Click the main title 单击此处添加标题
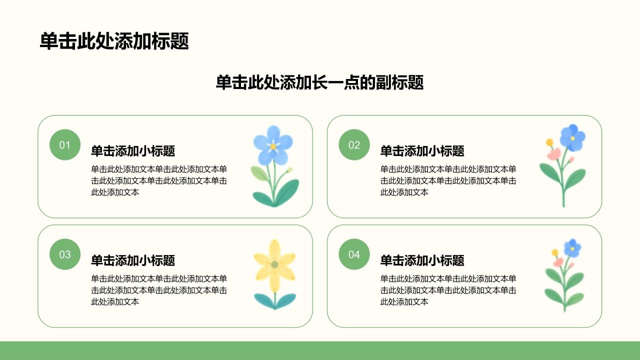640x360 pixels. coord(114,41)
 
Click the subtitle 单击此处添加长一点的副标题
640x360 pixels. coord(319,82)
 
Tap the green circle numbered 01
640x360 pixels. coord(65,145)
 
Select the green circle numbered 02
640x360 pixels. coord(354,145)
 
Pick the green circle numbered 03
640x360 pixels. coord(65,254)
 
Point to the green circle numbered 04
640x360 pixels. coord(354,254)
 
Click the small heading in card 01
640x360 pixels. coord(133,151)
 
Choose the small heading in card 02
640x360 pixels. coord(422,151)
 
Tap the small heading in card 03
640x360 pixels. coord(133,260)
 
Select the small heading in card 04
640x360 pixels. coord(422,260)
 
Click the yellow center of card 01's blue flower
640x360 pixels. coord(273,146)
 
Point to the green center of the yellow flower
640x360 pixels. coord(274,264)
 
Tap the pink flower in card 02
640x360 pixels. coord(554,154)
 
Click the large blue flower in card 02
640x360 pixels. coord(572,137)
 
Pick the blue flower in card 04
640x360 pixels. coord(572,248)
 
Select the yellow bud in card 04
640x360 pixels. coord(555,252)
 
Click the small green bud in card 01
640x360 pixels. coord(289,170)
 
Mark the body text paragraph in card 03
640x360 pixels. coord(159,290)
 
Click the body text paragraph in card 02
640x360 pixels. coord(448,181)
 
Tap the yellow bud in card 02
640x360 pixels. coord(549,142)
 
